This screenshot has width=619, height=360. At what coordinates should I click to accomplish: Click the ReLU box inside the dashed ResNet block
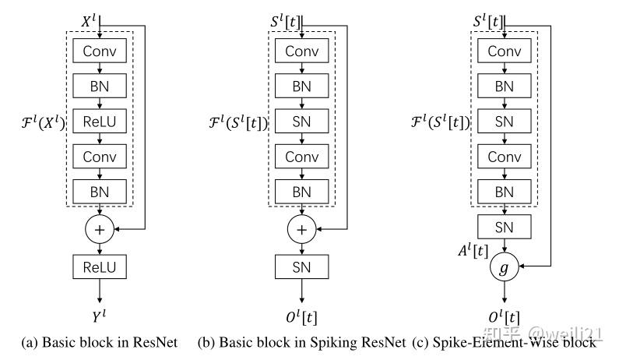pyautogui.click(x=99, y=122)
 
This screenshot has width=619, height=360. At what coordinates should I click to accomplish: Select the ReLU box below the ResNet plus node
pyautogui.click(x=99, y=267)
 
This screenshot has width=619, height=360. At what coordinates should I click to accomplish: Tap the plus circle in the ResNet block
pyautogui.click(x=99, y=231)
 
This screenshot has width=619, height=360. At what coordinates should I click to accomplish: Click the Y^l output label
pyautogui.click(x=99, y=317)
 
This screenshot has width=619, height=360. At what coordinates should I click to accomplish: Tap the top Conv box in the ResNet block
pyautogui.click(x=99, y=51)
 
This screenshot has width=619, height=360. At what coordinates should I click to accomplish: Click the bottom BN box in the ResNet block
pyautogui.click(x=99, y=192)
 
